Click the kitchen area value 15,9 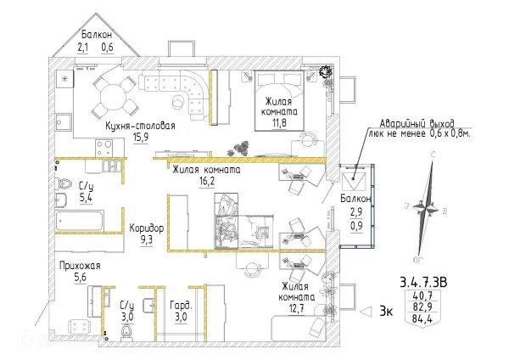point(141,138)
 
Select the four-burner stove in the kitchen point(103,148)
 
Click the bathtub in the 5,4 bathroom point(80,221)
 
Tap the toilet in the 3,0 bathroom point(126,332)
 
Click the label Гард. point(182,306)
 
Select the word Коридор point(147,228)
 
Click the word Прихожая point(80,266)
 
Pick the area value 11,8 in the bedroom point(279,123)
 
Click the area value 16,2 point(207,181)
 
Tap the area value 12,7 point(296,308)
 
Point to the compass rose point(426,207)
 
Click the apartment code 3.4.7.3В point(423,282)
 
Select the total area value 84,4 point(422,318)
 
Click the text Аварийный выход point(417,124)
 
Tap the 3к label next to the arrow point(386,312)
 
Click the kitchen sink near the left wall point(64,122)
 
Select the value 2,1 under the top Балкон point(83,48)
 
